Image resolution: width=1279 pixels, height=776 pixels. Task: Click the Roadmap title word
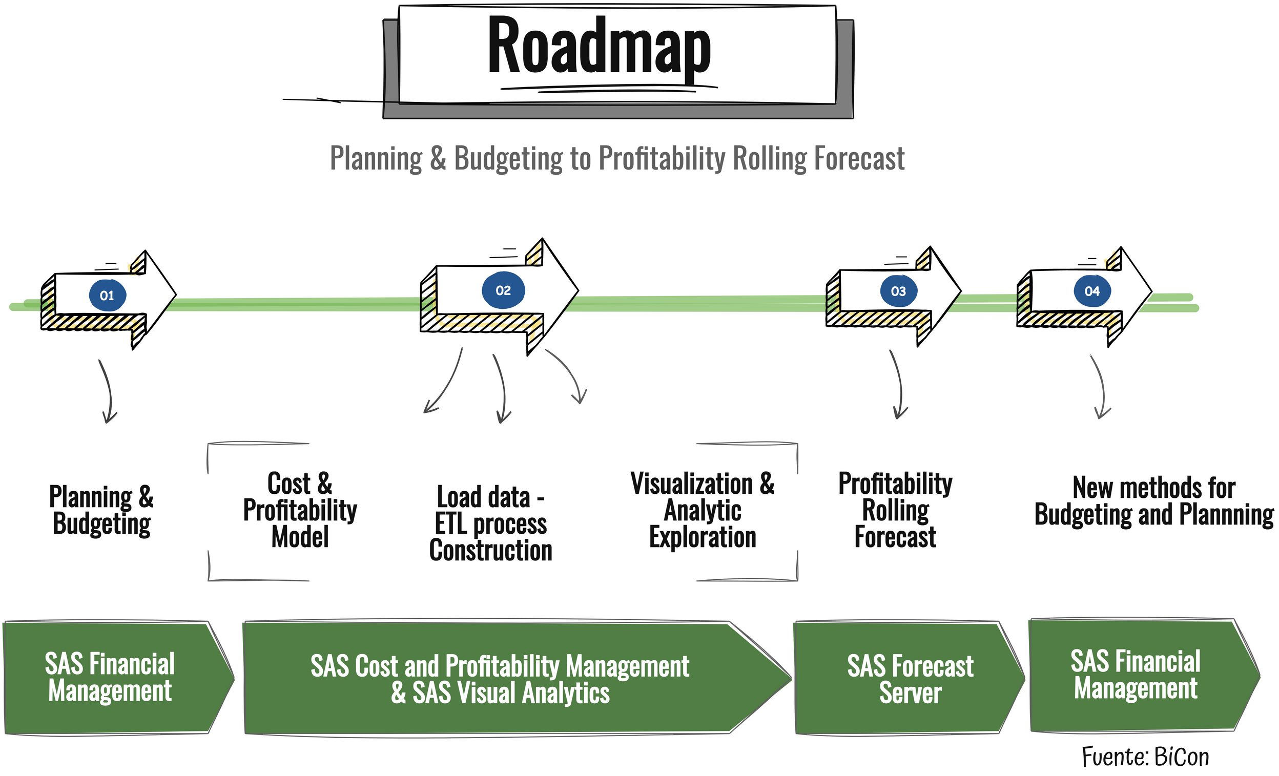tap(599, 48)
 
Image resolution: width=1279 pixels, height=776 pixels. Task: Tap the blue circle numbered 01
tap(107, 295)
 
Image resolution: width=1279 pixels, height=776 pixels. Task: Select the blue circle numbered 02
tap(503, 290)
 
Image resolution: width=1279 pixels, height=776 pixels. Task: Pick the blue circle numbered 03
tap(898, 291)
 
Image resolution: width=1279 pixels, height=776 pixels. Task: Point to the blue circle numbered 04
tap(1092, 290)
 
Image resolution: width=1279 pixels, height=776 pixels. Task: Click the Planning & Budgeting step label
tap(101, 510)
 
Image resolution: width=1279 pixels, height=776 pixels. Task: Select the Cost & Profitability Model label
tap(300, 510)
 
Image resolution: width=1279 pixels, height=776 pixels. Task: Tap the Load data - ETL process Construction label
tap(490, 523)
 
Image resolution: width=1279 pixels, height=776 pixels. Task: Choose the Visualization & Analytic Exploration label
tap(703, 510)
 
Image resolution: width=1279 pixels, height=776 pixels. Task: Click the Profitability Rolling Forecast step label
tap(895, 510)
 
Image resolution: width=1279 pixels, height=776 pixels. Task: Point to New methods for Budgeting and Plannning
tap(1154, 501)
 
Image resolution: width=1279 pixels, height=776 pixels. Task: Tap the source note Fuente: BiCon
tap(1145, 757)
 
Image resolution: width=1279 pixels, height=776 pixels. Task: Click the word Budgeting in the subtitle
tap(508, 159)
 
